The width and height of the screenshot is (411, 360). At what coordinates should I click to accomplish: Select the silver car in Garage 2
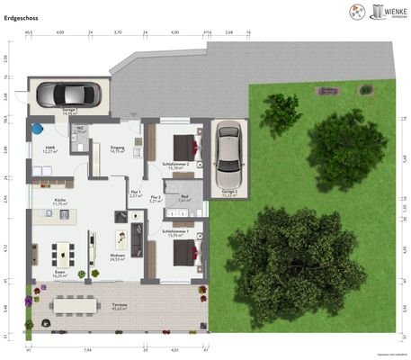[228, 150]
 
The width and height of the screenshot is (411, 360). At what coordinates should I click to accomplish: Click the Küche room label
[60, 202]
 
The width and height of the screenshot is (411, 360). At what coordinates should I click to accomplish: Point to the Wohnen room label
[117, 256]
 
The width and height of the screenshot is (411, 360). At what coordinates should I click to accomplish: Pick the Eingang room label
[117, 149]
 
